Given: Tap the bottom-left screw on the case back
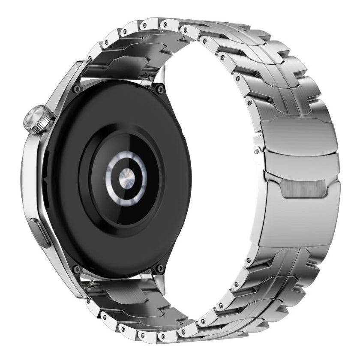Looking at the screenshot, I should pos(76,269).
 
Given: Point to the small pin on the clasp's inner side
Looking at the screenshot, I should pos(256,150).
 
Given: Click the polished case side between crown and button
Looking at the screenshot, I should pos(33,176).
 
